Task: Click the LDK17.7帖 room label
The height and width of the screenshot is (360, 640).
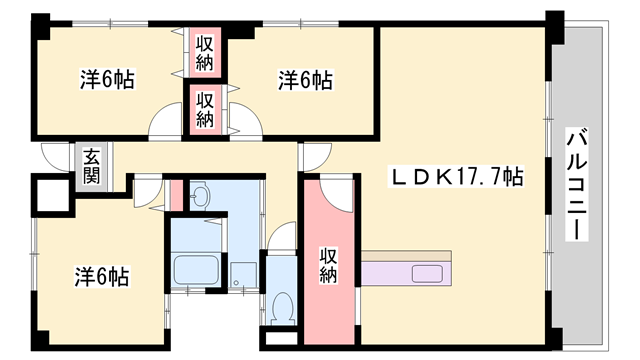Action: (x=457, y=176)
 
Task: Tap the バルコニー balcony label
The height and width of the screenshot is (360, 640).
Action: (x=576, y=184)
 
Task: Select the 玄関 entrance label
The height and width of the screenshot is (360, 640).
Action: (x=91, y=167)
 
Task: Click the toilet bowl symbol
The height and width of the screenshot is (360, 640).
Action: (x=282, y=307)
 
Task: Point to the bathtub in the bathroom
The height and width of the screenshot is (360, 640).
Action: (x=196, y=269)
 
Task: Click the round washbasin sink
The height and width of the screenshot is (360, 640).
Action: (x=200, y=195)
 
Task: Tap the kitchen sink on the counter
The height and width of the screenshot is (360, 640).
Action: (x=427, y=273)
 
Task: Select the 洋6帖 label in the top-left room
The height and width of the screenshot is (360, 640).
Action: (x=107, y=79)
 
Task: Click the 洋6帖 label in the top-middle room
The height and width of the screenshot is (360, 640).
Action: (x=305, y=80)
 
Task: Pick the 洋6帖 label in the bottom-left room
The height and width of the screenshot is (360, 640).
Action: (x=102, y=276)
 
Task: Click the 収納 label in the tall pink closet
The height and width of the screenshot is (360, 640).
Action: (x=328, y=265)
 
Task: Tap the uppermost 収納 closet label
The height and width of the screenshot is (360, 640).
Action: (x=204, y=53)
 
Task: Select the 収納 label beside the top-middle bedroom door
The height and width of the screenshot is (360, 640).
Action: (x=204, y=110)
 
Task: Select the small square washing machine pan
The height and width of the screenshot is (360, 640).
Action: (x=243, y=275)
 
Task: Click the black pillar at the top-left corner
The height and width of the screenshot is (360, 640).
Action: (x=40, y=26)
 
